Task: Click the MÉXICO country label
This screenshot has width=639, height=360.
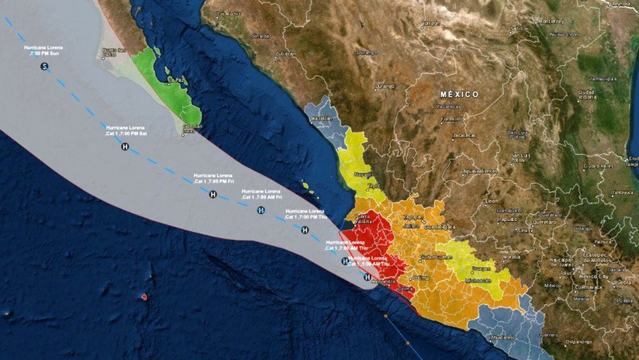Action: coord(460,94)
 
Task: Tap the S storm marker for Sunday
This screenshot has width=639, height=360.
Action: coord(45,67)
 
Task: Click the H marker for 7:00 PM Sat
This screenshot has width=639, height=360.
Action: coord(125,146)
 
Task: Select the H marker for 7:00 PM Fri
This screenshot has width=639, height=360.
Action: coord(212,194)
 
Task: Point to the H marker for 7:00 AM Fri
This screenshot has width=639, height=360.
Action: coord(261,210)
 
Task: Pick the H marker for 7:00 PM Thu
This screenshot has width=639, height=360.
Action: coord(305,230)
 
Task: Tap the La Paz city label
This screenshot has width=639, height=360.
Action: coord(180,79)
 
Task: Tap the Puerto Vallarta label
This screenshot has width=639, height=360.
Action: coord(362,220)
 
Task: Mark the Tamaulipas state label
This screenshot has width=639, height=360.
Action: coord(602,78)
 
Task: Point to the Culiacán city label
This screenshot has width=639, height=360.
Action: coord(286,54)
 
